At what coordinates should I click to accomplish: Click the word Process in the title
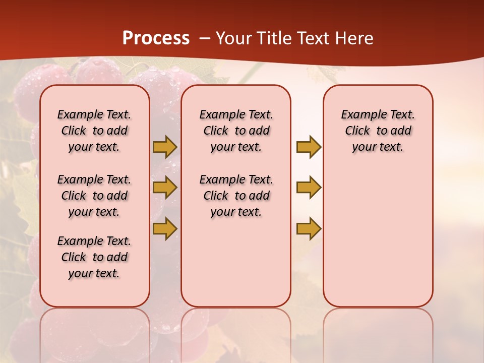pyautogui.click(x=156, y=38)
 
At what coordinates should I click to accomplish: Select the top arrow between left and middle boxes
pyautogui.click(x=165, y=147)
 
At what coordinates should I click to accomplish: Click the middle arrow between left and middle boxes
pyautogui.click(x=165, y=188)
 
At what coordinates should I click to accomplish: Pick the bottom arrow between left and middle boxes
pyautogui.click(x=165, y=228)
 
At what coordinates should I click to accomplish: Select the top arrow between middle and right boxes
pyautogui.click(x=309, y=147)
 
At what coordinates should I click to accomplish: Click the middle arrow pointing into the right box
pyautogui.click(x=309, y=188)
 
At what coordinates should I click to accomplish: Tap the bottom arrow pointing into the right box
pyautogui.click(x=309, y=228)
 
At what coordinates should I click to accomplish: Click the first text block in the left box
pyautogui.click(x=94, y=131)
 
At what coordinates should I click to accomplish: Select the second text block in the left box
pyautogui.click(x=94, y=196)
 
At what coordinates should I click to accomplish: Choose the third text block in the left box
pyautogui.click(x=94, y=257)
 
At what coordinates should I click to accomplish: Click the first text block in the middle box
pyautogui.click(x=236, y=131)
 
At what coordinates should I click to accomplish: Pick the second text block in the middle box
pyautogui.click(x=236, y=196)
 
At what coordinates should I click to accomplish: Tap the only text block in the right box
pyautogui.click(x=378, y=131)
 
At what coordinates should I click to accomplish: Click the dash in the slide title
pyautogui.click(x=205, y=38)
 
